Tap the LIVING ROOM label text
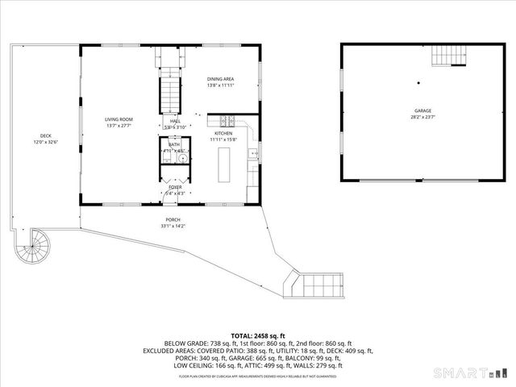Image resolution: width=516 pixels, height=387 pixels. click(x=118, y=120)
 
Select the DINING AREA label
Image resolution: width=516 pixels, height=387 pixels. click(x=220, y=79)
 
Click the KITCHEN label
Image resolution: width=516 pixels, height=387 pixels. click(x=223, y=133)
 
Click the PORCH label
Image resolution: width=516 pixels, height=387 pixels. click(x=173, y=219)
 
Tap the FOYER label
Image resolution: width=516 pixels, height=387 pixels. click(x=175, y=187)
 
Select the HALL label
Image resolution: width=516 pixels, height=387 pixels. click(x=175, y=121)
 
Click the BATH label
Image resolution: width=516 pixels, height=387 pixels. click(x=174, y=145)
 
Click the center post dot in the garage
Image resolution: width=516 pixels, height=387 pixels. click(x=418, y=82)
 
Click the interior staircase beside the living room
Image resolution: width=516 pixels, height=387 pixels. click(x=169, y=91)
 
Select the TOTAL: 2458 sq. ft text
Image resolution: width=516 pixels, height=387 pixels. click(x=258, y=335)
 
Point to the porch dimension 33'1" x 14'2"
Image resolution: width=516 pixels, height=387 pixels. click(x=173, y=226)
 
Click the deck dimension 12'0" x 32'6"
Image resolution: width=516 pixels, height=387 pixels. click(x=46, y=142)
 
